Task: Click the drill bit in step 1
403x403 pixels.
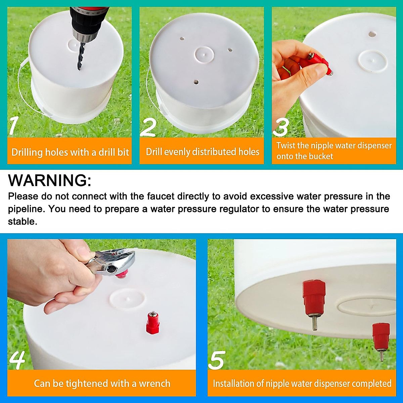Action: point(80,55)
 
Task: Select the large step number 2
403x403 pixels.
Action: point(148,127)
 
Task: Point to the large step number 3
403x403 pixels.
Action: point(281,127)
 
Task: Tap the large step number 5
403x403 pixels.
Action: point(217,360)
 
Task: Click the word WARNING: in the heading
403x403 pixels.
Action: point(50,180)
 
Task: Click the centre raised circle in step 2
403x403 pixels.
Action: point(204,54)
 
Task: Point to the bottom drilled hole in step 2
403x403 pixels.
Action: point(196,82)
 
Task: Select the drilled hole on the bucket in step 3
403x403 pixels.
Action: point(372,34)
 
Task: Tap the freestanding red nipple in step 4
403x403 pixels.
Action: point(152,322)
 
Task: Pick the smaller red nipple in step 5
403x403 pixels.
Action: point(381,336)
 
